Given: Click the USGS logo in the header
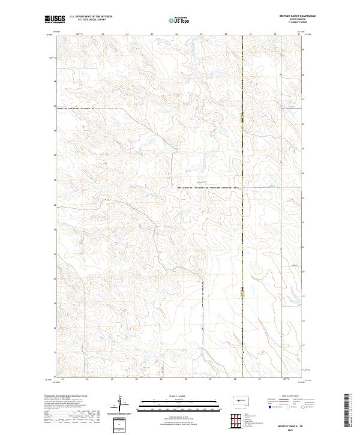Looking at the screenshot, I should (55, 20).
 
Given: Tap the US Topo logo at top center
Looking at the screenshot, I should (180, 20).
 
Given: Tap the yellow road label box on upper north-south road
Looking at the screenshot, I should (242, 119).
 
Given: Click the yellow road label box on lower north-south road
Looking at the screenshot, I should (242, 292).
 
